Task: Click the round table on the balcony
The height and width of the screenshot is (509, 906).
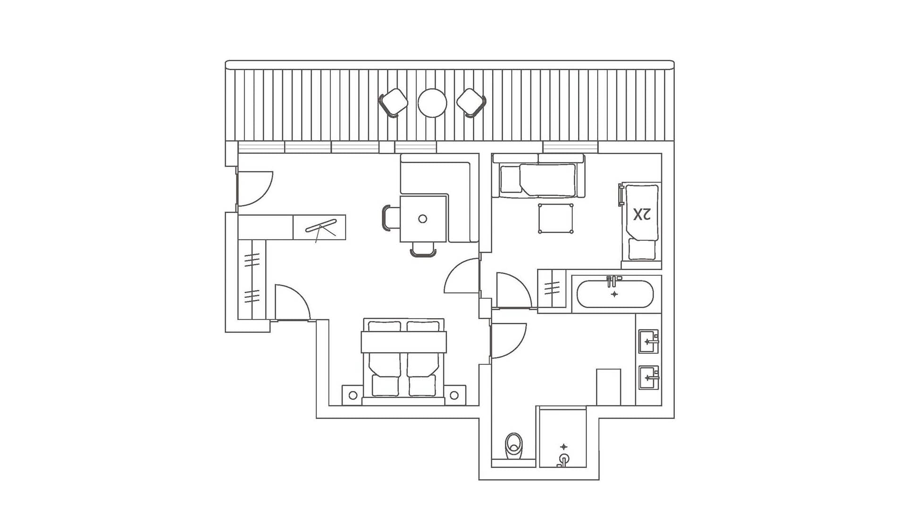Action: coord(432,103)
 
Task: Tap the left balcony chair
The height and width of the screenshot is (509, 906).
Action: coord(393,103)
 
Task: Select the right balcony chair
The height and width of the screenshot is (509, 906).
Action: coord(471,103)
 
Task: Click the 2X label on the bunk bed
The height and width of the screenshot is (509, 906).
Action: coord(642,214)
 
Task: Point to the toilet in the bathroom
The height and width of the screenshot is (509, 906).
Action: coord(513,446)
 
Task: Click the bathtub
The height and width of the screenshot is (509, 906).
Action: coord(615,294)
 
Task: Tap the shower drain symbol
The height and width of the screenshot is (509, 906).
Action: coord(563,447)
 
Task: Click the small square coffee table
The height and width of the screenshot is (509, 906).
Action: coord(556,218)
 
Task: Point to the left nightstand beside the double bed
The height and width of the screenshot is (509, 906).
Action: coord(352,395)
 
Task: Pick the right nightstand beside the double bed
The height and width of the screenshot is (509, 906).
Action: coord(454,395)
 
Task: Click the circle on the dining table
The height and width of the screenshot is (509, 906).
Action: coord(423,219)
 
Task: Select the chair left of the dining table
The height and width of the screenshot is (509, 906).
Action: coord(387,218)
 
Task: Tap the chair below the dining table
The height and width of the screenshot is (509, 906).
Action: coord(423,249)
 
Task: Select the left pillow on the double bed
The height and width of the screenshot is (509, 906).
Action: coord(385,326)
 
